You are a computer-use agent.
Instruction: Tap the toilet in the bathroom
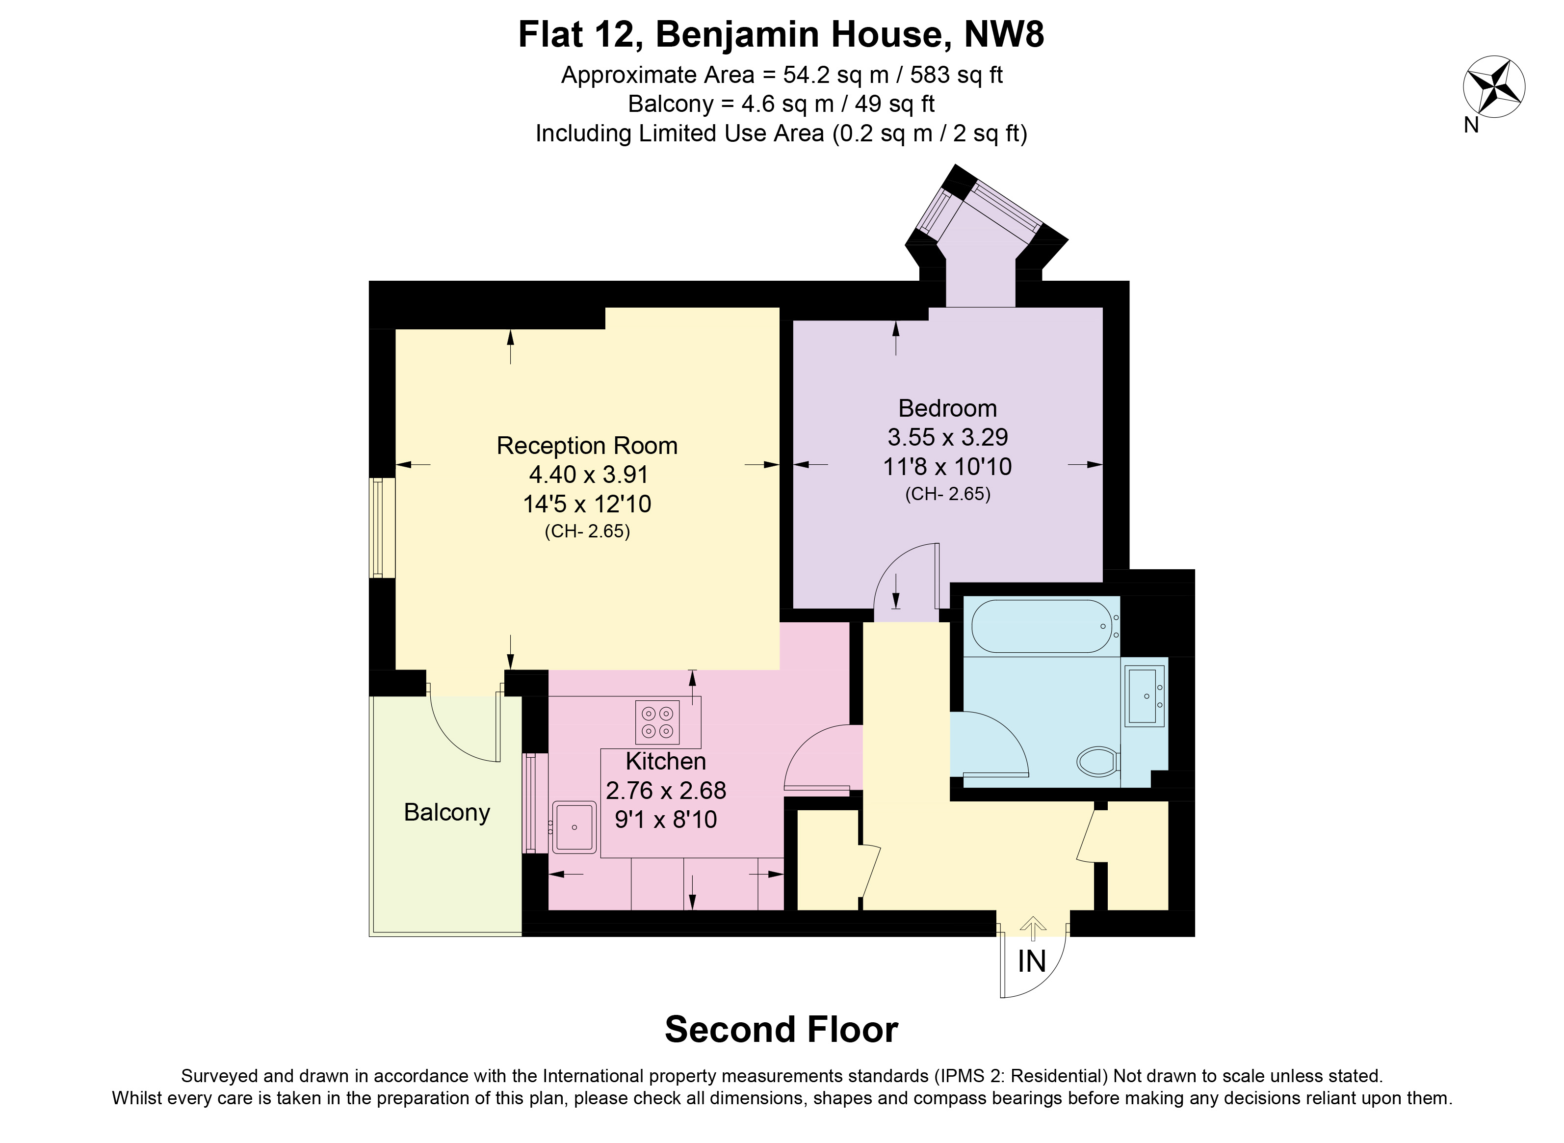pyautogui.click(x=1099, y=761)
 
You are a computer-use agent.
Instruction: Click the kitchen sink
pyautogui.click(x=574, y=827)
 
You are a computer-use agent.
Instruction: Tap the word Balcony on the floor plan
pyautogui.click(x=447, y=812)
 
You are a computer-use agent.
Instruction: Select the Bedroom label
pyautogui.click(x=948, y=408)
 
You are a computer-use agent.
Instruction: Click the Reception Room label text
pyautogui.click(x=587, y=446)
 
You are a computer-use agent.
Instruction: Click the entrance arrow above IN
pyautogui.click(x=1034, y=929)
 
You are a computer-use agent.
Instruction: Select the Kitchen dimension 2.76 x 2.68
pyautogui.click(x=666, y=790)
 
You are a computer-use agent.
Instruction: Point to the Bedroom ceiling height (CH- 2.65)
pyautogui.click(x=948, y=494)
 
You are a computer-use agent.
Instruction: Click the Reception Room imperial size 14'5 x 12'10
pyautogui.click(x=587, y=504)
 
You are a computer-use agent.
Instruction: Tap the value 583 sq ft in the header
pyautogui.click(x=957, y=75)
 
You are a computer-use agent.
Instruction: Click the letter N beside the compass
pyautogui.click(x=1471, y=125)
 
